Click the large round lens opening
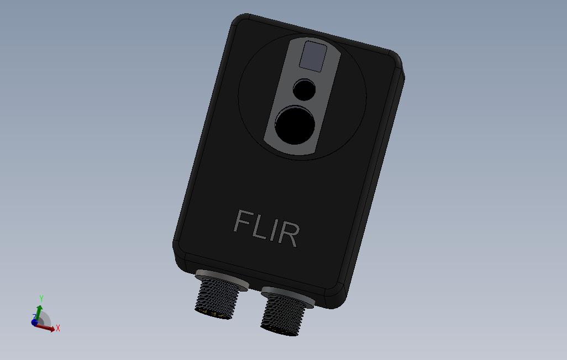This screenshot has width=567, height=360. (x=295, y=126)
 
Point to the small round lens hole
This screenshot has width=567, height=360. (x=304, y=89)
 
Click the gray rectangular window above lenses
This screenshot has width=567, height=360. (x=313, y=56)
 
